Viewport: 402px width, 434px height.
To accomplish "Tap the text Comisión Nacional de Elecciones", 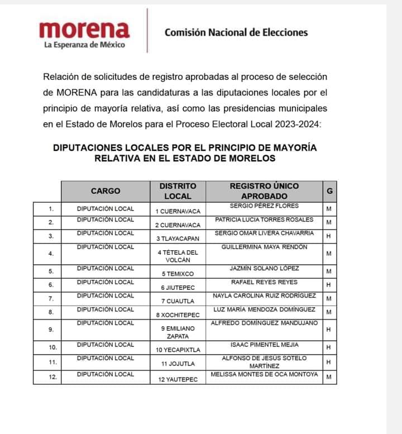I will [x=236, y=32].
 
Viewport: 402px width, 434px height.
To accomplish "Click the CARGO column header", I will [x=106, y=190].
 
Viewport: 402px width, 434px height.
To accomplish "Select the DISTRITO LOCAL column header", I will [x=178, y=190].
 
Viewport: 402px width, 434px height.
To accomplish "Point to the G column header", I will [x=329, y=190].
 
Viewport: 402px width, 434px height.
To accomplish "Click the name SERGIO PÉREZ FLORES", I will [x=264, y=206].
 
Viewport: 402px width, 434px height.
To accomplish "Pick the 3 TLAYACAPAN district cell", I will [x=178, y=239].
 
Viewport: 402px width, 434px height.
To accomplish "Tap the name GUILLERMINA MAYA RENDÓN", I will [x=264, y=247].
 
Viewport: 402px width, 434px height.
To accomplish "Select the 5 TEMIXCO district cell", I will [x=178, y=274].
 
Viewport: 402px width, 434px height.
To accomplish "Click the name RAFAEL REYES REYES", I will [x=264, y=282].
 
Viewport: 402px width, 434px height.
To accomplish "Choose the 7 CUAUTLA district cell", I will [x=178, y=301].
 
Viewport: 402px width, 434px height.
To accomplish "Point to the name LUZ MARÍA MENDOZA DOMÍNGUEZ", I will [x=264, y=309].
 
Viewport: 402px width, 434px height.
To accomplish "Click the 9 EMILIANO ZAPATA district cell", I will [x=178, y=332].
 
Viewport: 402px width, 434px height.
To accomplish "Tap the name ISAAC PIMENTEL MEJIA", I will [x=264, y=345].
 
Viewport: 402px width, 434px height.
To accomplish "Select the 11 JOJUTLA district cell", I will [x=178, y=364].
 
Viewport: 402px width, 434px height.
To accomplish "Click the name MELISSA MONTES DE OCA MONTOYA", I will [x=264, y=374].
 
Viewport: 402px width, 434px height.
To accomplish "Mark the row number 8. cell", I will [x=51, y=312].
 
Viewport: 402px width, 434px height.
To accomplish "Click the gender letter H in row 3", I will [x=329, y=236].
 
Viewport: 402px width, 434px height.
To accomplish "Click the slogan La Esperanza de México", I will [x=84, y=45].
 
